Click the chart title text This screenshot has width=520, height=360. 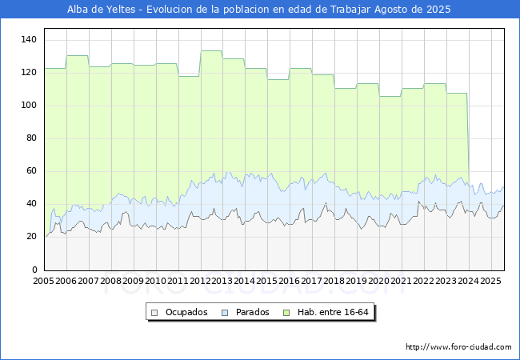tap(253, 10)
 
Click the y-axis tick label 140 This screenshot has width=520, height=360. tap(30, 39)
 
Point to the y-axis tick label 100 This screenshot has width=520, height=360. tap(30, 106)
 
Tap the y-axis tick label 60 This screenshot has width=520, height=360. tap(32, 171)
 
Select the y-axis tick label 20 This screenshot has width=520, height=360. tap(32, 237)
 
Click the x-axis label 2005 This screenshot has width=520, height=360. tap(44, 282)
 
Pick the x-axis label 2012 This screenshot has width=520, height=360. tap(200, 282)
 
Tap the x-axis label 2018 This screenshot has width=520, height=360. tap(334, 282)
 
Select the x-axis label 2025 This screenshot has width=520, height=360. tap(490, 282)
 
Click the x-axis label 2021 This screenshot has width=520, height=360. tap(401, 282)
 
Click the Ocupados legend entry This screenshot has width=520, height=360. tap(180, 312)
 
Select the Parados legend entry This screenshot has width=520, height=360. tap(246, 312)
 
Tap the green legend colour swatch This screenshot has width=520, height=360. tap(287, 312)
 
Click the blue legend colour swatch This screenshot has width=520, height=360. tap(225, 312)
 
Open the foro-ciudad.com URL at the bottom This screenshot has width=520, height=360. tap(458, 347)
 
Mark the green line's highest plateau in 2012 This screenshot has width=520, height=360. tap(211, 51)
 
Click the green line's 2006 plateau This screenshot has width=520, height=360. tap(77, 56)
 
